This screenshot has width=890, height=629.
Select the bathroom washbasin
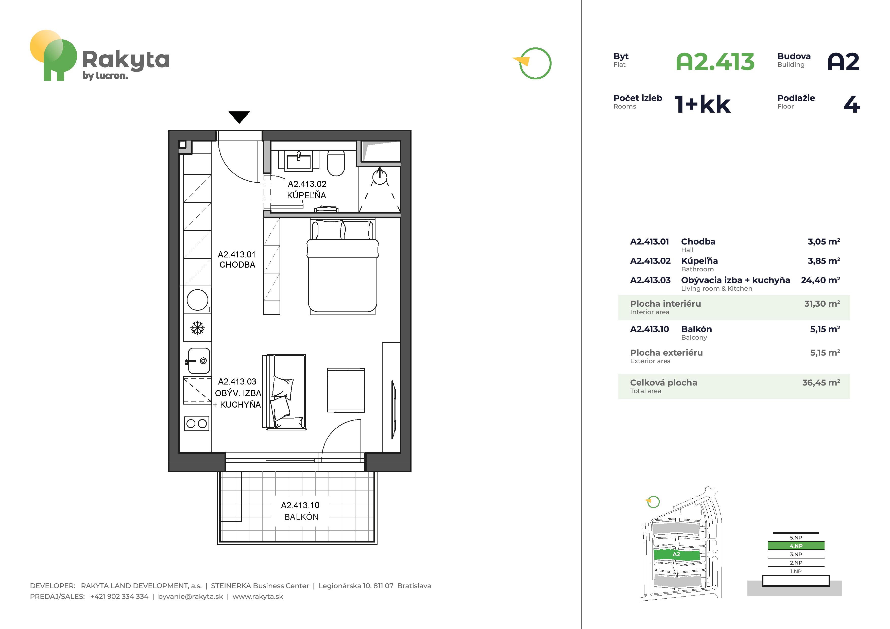point(298,161)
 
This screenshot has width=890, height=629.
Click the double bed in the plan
point(342,267)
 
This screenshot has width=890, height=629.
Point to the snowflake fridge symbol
point(197,328)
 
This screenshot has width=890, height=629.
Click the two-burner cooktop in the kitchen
point(197,424)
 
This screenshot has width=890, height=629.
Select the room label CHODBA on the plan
point(237,265)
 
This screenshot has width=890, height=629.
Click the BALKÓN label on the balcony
point(301,517)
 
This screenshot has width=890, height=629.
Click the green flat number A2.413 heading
point(715,62)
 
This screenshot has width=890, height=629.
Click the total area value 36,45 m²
point(821,382)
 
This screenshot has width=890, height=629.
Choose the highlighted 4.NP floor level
point(796,546)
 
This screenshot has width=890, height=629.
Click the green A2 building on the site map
point(676,555)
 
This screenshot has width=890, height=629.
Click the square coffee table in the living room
point(346,390)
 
